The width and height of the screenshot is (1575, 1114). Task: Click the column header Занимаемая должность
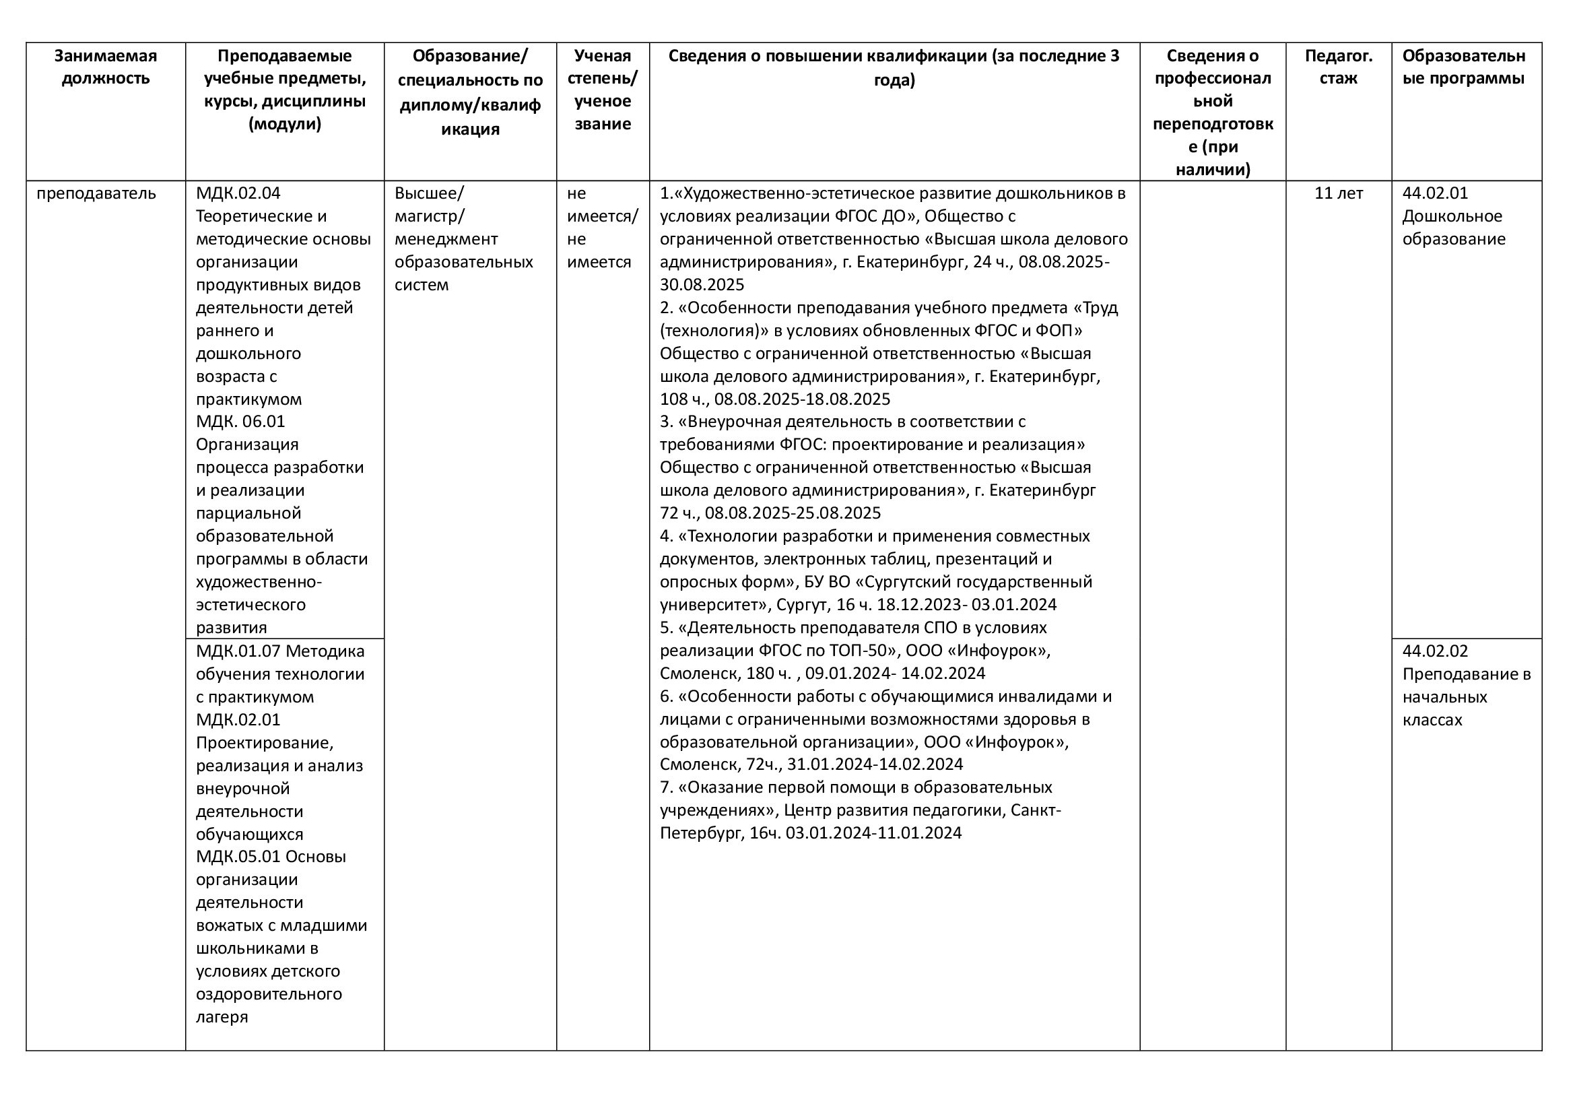(106, 67)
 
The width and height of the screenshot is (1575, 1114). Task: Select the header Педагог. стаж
(1339, 67)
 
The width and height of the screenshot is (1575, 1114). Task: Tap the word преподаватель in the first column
(96, 193)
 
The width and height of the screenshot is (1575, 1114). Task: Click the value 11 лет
(1339, 193)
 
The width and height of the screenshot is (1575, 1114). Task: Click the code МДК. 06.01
(240, 421)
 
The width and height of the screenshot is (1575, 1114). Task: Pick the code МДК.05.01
(238, 856)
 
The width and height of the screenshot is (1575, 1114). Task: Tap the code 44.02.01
(1435, 193)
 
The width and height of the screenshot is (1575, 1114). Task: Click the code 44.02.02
(1435, 651)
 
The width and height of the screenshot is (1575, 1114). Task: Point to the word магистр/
(430, 216)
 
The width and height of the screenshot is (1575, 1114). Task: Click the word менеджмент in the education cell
(446, 238)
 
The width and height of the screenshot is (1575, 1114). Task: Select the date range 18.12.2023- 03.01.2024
(966, 604)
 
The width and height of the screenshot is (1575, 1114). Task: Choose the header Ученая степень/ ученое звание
(602, 89)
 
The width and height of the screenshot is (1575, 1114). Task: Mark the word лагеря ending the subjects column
(222, 1016)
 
